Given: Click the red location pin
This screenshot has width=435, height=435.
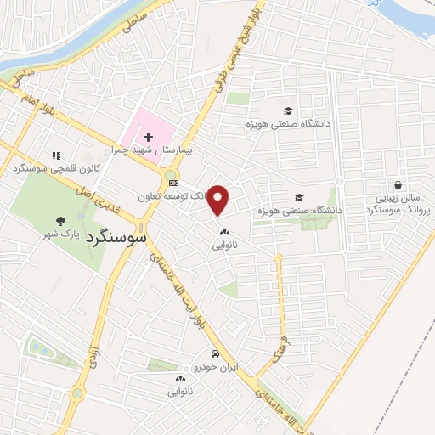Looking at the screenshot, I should [218, 199].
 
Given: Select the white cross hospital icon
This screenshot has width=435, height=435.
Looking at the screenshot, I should [148, 137].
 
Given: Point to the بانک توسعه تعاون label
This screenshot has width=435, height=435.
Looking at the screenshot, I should [173, 196].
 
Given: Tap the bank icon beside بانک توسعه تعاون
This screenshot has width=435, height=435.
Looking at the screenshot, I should [173, 182].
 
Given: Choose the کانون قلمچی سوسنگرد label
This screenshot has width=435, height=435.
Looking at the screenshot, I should [48, 169].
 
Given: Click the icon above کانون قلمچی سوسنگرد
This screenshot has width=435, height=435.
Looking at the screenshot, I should [56, 155].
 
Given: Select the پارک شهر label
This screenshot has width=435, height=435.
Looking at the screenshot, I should [66, 234].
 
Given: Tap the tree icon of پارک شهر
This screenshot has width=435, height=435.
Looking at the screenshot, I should [59, 220].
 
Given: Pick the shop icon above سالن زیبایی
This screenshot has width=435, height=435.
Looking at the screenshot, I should [398, 184].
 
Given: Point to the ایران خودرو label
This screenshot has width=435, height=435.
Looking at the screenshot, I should [217, 367].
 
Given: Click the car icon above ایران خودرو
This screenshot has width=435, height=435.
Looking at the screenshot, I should [217, 353].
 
